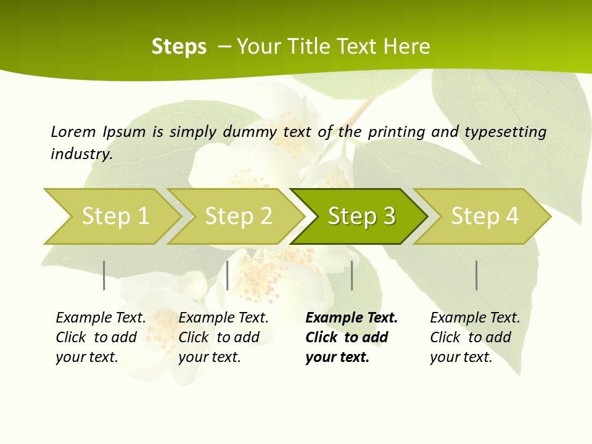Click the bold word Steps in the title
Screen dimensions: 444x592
179,47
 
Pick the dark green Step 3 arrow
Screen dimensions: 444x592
361,216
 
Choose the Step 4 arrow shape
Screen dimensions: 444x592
485,216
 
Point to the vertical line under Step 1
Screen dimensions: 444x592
104,275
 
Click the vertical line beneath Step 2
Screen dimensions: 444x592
228,275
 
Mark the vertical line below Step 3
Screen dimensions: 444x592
352,275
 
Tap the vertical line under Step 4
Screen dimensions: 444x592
477,275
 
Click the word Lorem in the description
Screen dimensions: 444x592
73,132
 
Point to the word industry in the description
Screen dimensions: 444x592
81,154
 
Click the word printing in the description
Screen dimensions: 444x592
397,132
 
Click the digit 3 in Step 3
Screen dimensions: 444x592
388,216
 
